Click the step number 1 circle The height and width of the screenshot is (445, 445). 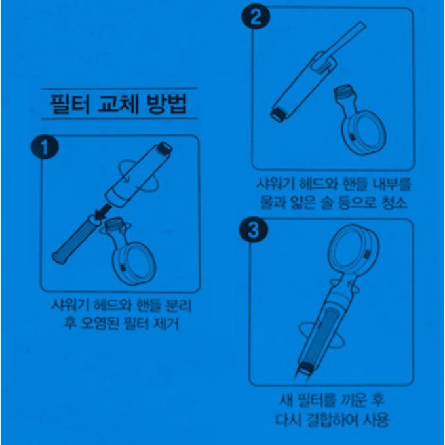(x=45, y=147)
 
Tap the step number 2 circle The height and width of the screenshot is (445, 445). (x=256, y=17)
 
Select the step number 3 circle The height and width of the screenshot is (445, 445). (x=254, y=229)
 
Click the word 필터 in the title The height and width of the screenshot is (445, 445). (x=70, y=104)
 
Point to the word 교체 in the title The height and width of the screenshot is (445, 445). (x=118, y=104)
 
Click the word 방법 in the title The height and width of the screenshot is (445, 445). (x=166, y=104)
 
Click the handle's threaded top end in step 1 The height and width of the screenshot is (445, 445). (x=165, y=148)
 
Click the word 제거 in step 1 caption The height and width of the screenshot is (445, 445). (x=166, y=324)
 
